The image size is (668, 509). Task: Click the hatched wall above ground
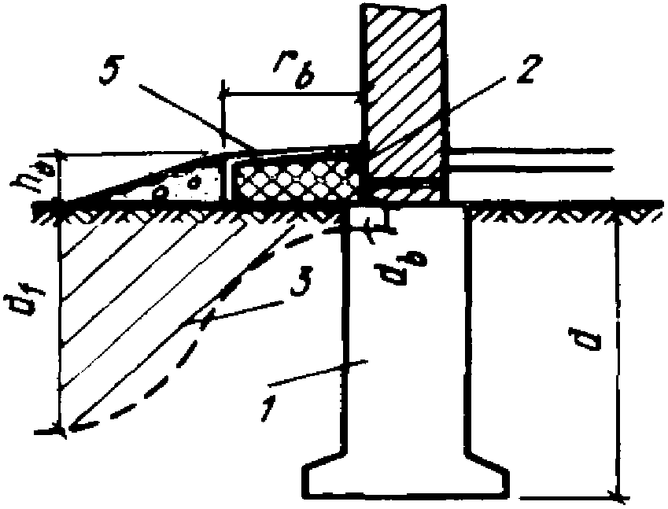click(x=402, y=87)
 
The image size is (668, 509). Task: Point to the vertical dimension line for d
click(x=618, y=354)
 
